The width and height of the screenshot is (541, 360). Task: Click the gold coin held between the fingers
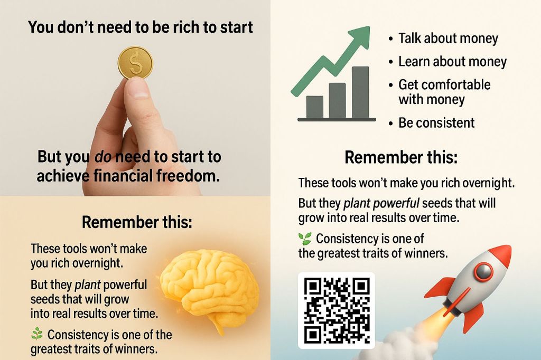135,63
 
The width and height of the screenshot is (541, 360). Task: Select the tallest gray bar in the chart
360,92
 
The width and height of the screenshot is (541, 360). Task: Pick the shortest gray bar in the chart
315,107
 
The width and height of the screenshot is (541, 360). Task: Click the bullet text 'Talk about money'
448,39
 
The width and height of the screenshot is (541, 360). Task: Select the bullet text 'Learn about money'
452,61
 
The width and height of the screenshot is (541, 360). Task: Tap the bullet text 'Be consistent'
436,123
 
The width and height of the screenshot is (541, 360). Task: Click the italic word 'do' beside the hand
103,157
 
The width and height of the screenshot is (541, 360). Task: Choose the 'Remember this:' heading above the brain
137,222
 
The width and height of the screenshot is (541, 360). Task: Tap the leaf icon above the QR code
305,239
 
